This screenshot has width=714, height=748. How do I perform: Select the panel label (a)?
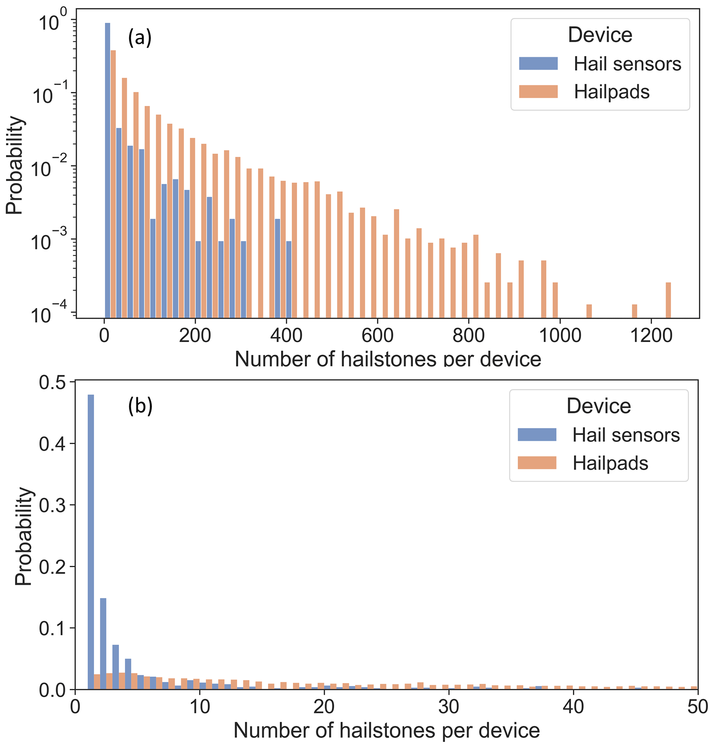(140, 38)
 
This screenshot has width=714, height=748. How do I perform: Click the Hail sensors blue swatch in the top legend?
(538, 64)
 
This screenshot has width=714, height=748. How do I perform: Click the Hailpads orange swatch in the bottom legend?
(537, 463)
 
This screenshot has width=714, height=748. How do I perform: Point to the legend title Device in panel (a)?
(600, 35)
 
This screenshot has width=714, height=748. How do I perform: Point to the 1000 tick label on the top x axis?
(560, 336)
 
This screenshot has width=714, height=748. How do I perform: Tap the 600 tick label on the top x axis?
(377, 336)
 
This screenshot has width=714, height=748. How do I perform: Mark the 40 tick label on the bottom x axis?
(573, 707)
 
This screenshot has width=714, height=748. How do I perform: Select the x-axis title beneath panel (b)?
(387, 730)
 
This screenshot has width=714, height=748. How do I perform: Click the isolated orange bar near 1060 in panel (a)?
(589, 311)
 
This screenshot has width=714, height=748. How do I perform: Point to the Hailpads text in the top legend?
(612, 92)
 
